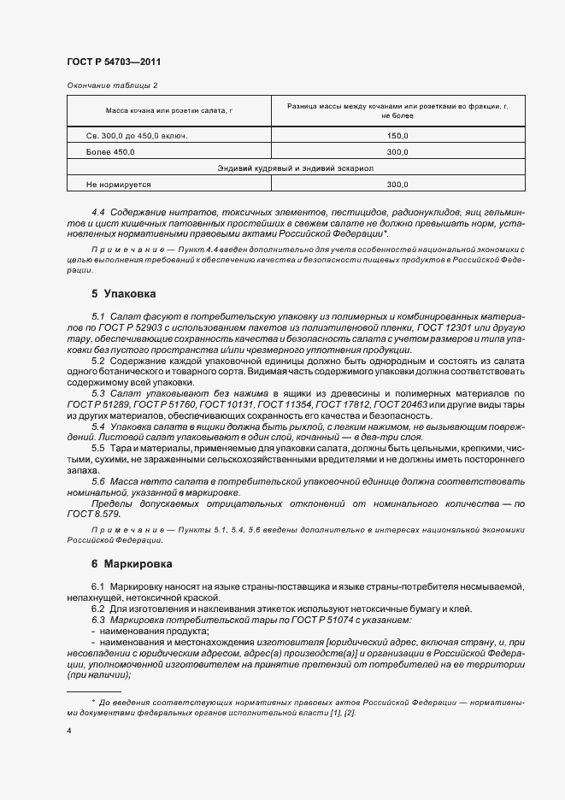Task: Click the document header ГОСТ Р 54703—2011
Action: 113,62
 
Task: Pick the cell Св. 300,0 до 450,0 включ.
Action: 137,136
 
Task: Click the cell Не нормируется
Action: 119,184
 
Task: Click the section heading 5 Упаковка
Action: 124,293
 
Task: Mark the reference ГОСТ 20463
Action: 403,403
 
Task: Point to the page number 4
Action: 68,732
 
